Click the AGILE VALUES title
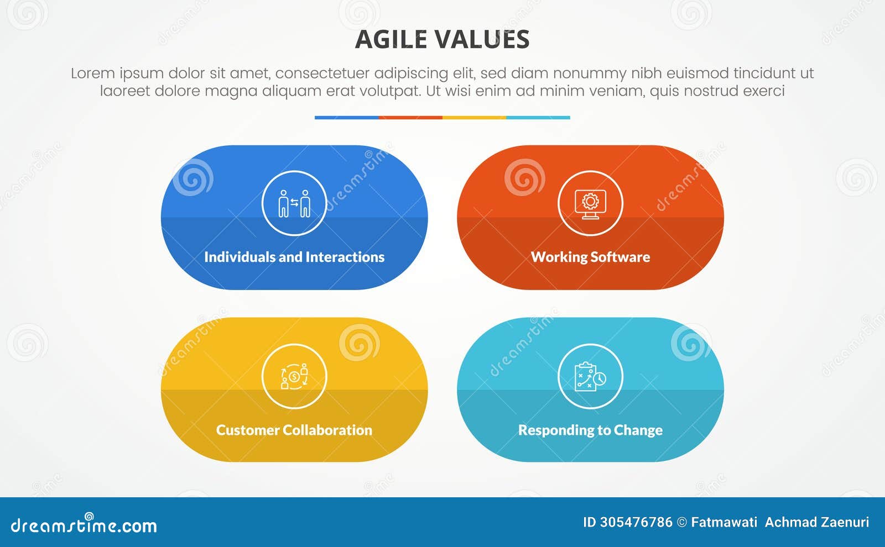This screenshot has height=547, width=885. (442, 39)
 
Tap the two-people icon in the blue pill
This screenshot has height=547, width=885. (294, 203)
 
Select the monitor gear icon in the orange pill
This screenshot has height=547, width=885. (590, 203)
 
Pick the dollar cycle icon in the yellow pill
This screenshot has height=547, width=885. (294, 376)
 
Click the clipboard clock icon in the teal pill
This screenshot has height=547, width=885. (590, 376)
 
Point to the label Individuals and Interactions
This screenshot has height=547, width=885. (294, 257)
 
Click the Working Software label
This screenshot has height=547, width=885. (590, 257)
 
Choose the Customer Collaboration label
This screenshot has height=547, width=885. (294, 430)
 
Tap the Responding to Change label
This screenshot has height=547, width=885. (590, 430)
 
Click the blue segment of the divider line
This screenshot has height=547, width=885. (346, 118)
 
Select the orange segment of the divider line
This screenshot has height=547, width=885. (410, 118)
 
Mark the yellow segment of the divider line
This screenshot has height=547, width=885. (474, 118)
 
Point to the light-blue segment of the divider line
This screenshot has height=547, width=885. (538, 118)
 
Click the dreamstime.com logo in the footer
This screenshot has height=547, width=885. (84, 525)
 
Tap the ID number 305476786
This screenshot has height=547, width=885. (636, 522)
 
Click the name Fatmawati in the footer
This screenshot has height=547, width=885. (724, 522)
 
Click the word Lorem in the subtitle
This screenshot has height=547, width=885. (92, 73)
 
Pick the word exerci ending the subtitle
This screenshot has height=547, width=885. (764, 91)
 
